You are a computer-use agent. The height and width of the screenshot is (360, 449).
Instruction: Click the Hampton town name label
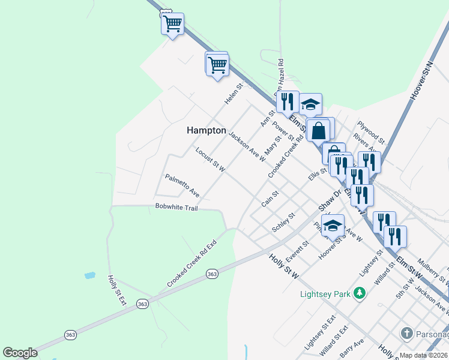point(206,130)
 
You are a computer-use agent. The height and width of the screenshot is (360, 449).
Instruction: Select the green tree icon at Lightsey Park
point(360,293)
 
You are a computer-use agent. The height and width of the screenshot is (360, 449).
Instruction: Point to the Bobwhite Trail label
point(176,207)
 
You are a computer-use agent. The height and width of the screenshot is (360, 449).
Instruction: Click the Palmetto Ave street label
point(182,185)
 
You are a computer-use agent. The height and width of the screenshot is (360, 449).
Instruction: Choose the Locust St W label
point(210,160)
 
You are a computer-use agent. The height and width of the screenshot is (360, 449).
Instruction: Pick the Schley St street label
point(283,222)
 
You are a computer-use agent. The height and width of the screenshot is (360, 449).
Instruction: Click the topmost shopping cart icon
point(173,24)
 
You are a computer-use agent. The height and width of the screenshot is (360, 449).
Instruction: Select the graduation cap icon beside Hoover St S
point(333,226)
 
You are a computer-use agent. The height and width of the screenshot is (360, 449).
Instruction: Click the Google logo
point(20,352)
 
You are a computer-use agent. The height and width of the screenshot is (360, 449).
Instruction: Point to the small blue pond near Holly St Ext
point(89,275)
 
